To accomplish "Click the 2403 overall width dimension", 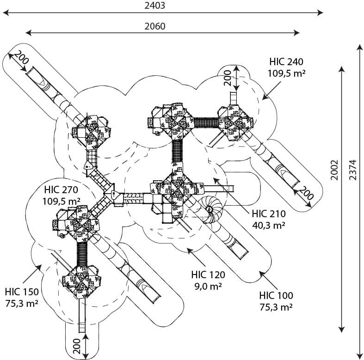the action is point(155,6).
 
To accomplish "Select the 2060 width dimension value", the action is point(155,26).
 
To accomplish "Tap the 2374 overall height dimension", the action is point(352,170).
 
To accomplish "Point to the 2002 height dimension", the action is point(334,170).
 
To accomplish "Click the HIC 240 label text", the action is point(286,62).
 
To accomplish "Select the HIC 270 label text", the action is point(61,190).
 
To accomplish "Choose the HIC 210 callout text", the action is point(269,214).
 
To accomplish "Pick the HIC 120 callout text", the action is point(208,275).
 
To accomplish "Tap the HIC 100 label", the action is point(276,296).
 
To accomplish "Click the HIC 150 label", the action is point(22,292).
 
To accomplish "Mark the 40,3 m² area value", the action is point(269,225).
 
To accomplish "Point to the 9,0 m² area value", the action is point(208,286).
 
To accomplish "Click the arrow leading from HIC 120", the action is point(197,257).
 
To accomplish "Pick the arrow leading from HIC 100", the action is point(268,280).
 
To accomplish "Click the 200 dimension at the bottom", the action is point(77,346).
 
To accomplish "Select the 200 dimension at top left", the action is point(21,57).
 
